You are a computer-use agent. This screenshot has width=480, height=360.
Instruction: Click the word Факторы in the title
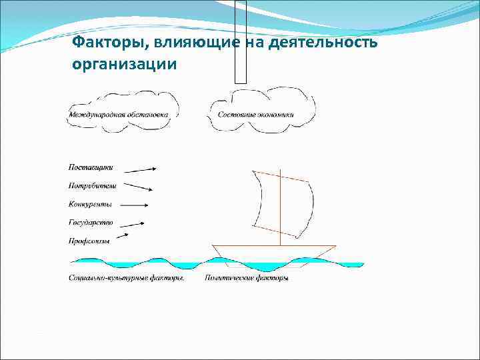pyautogui.click(x=110, y=43)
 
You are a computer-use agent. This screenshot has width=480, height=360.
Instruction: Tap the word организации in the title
pyautogui.click(x=123, y=65)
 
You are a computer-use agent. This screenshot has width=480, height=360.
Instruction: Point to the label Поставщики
pyautogui.click(x=91, y=167)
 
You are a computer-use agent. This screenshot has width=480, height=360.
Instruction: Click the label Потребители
pyautogui.click(x=92, y=185)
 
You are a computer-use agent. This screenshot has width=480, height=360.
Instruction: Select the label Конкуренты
pyautogui.click(x=90, y=203)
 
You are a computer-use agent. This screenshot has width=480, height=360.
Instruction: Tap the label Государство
pyautogui.click(x=91, y=222)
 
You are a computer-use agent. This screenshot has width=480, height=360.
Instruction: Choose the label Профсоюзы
pyautogui.click(x=89, y=240)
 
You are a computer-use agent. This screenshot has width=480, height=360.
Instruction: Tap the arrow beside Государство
pyautogui.click(x=133, y=223)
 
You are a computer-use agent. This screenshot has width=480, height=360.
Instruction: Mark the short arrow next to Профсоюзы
pyautogui.click(x=123, y=235)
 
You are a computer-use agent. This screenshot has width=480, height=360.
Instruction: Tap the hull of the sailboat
pyautogui.click(x=273, y=253)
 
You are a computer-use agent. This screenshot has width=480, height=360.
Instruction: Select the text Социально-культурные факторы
pyautogui.click(x=126, y=277)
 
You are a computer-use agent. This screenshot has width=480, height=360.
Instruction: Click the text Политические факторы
pyautogui.click(x=247, y=277)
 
